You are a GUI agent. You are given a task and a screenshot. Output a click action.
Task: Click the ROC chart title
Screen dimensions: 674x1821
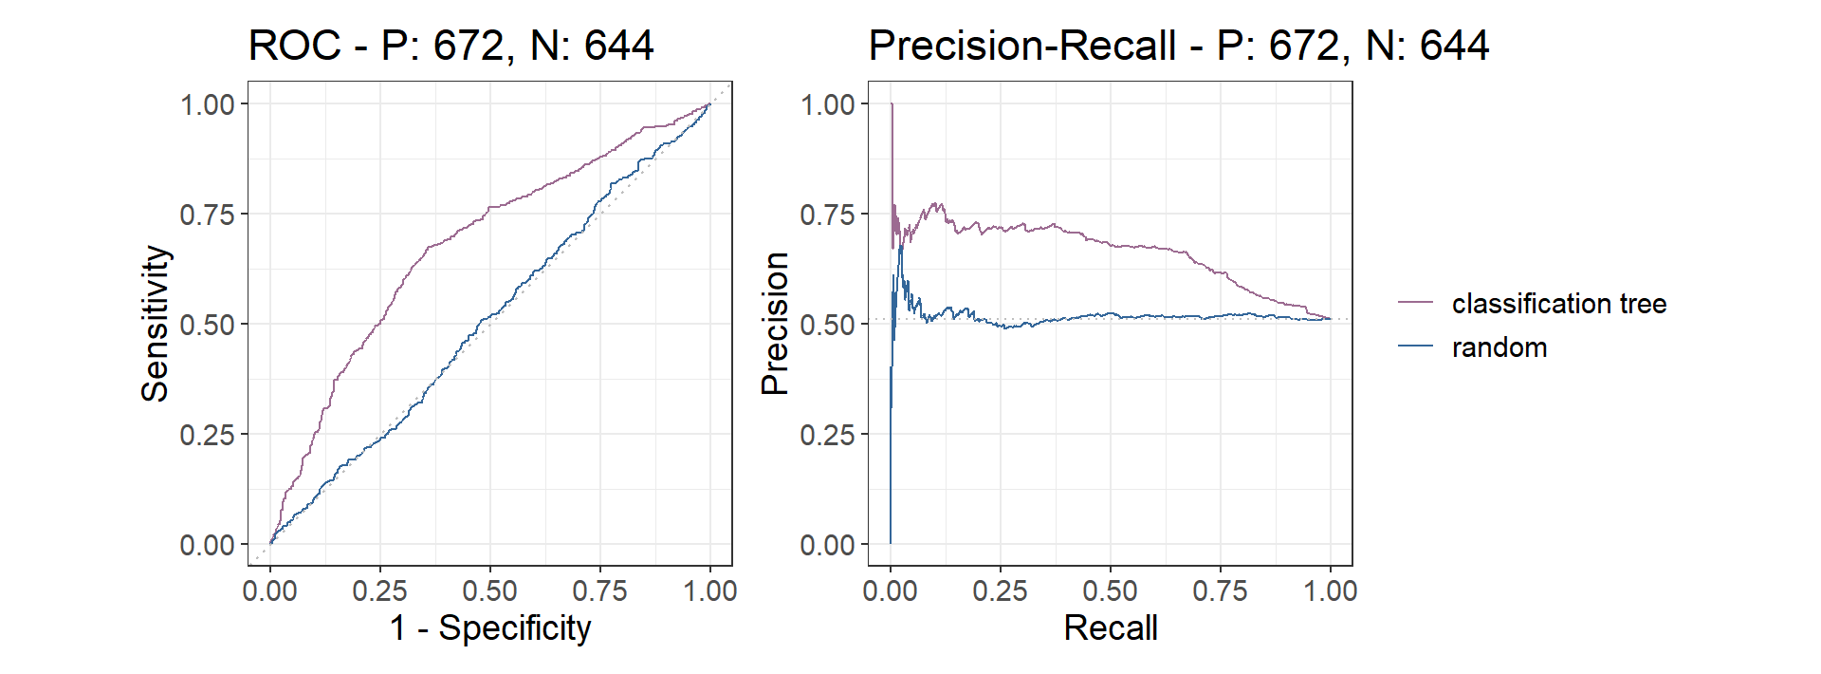[451, 46]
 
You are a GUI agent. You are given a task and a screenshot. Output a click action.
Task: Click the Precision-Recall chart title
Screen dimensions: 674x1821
[1178, 46]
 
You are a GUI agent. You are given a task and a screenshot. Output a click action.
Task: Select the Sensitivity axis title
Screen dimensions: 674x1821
[156, 324]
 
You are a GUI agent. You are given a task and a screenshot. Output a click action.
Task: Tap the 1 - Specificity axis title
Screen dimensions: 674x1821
[490, 627]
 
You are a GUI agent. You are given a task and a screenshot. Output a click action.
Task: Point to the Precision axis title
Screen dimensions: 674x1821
[776, 324]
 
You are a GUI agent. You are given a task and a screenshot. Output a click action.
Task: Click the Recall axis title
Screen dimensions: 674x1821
[1111, 627]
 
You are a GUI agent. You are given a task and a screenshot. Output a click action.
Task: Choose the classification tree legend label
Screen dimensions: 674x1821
[1558, 304]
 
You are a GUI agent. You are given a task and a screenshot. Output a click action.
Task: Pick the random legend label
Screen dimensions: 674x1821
[1499, 347]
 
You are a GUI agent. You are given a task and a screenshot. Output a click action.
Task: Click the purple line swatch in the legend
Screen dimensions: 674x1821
[1415, 303]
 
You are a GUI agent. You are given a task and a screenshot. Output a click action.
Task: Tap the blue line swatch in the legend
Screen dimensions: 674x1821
[1415, 346]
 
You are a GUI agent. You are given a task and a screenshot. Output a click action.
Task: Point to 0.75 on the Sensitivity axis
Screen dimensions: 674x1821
[208, 215]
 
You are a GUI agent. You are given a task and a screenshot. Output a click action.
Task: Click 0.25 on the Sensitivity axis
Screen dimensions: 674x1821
[208, 435]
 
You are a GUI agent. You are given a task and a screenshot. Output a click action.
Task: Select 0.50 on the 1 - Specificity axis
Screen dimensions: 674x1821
[489, 590]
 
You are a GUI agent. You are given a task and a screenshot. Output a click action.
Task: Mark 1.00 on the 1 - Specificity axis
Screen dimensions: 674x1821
[709, 590]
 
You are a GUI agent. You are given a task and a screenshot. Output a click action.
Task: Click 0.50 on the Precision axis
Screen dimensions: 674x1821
[828, 325]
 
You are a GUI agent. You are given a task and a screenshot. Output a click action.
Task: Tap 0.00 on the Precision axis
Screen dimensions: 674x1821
[828, 545]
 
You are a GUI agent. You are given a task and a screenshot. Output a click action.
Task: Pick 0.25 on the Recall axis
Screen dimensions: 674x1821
[1000, 590]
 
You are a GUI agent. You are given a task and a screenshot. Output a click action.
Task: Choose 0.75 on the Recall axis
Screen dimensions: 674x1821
[1220, 590]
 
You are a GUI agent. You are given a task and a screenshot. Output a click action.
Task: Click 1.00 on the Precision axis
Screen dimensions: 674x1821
[828, 104]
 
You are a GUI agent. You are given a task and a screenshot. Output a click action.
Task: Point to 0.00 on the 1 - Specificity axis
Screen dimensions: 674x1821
[270, 590]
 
